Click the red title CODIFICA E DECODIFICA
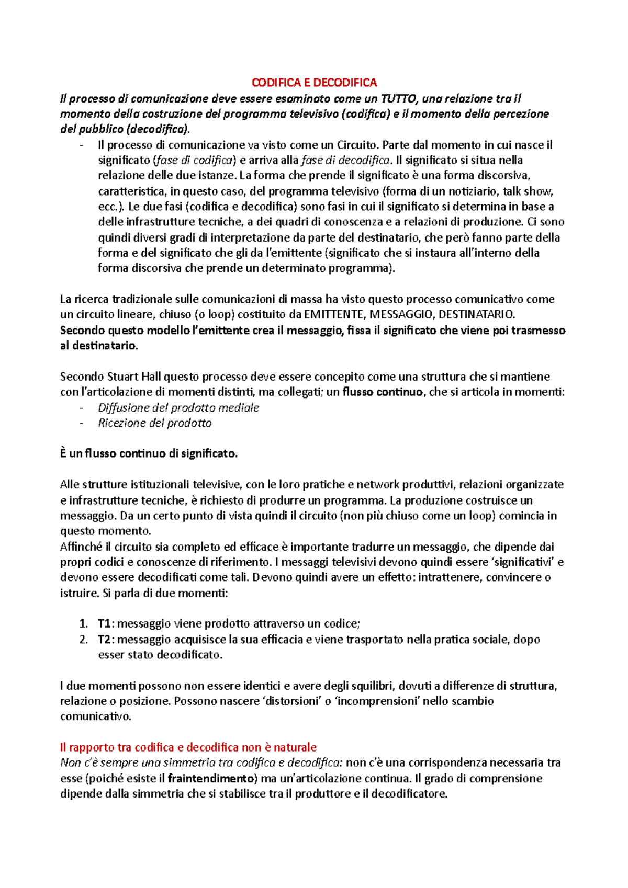tap(314, 83)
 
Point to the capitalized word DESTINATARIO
tap(476, 314)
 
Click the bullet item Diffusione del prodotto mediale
tap(178, 407)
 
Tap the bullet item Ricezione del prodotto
tap(155, 423)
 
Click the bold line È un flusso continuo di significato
tap(149, 454)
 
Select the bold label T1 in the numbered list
tap(104, 623)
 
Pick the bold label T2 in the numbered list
tap(104, 639)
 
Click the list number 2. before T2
tap(83, 639)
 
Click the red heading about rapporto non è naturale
tap(188, 747)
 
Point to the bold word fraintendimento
tap(211, 778)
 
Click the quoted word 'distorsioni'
tap(290, 701)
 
